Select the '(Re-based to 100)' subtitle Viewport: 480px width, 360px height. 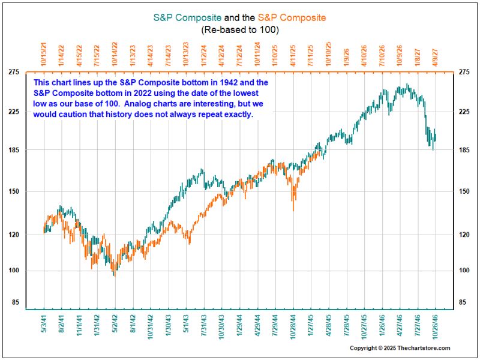tap(240, 29)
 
